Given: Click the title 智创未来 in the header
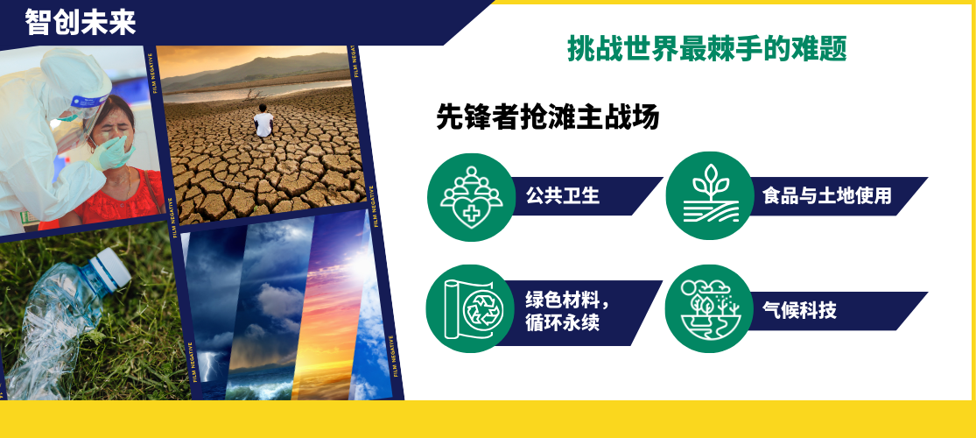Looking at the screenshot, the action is [x=81, y=22].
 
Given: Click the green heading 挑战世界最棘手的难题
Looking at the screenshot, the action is [x=707, y=48].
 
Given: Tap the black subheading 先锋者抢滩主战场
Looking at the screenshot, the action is [x=548, y=117].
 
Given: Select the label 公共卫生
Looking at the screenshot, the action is [x=563, y=195].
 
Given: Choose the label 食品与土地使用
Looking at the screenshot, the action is [x=827, y=195].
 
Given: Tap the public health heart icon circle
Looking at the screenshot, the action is [x=471, y=197].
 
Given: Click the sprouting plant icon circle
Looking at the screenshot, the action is [x=710, y=195].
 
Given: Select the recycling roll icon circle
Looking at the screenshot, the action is [x=470, y=309].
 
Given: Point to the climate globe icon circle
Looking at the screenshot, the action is [x=709, y=309].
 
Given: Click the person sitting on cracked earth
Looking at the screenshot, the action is [x=263, y=121].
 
